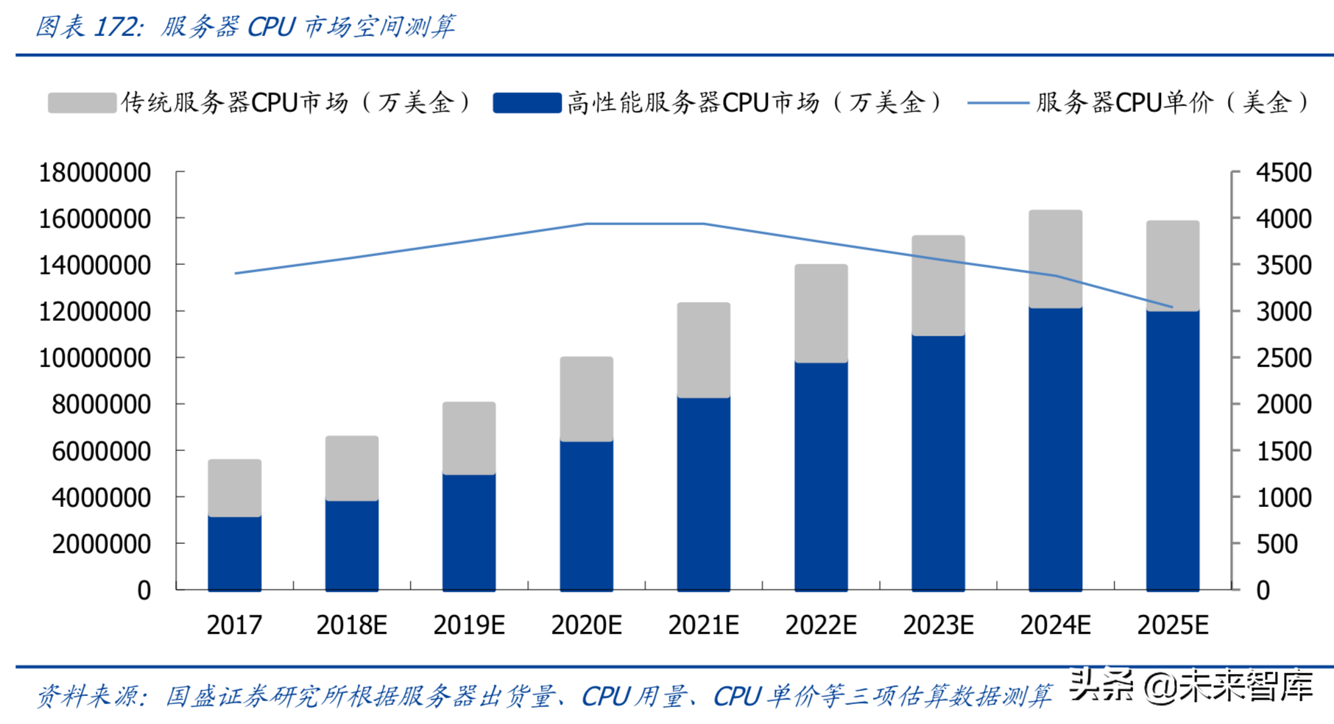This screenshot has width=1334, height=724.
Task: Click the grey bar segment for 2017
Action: [x=234, y=488]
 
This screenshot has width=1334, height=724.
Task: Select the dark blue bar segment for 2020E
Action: [x=586, y=515]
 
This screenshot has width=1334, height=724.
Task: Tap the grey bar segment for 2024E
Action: [x=1055, y=259]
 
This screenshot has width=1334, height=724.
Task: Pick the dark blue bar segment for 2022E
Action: [x=821, y=476]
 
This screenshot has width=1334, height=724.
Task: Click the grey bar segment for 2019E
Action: [x=469, y=438]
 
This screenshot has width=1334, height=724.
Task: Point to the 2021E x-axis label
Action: [x=703, y=625]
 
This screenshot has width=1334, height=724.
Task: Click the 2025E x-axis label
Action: [x=1172, y=625]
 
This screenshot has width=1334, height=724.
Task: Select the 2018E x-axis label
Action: [x=351, y=625]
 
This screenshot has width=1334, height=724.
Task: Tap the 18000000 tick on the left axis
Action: [x=94, y=173]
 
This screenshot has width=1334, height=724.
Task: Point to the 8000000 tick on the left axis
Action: [x=101, y=405]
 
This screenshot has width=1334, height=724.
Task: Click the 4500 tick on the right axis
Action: [x=1283, y=173]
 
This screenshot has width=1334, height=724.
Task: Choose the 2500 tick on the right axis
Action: [x=1283, y=358]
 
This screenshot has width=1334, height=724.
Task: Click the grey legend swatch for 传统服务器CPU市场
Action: [x=82, y=102]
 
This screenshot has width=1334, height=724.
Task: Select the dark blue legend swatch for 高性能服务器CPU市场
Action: [x=527, y=102]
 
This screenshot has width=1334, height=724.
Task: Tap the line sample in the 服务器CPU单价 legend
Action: [x=998, y=102]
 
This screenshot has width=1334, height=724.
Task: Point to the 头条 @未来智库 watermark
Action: [x=1190, y=686]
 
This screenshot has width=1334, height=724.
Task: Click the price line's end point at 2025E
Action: [x=1172, y=307]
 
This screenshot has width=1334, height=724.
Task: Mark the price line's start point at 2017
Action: [x=236, y=273]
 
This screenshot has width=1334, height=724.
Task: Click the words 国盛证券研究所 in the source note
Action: [x=243, y=696]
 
